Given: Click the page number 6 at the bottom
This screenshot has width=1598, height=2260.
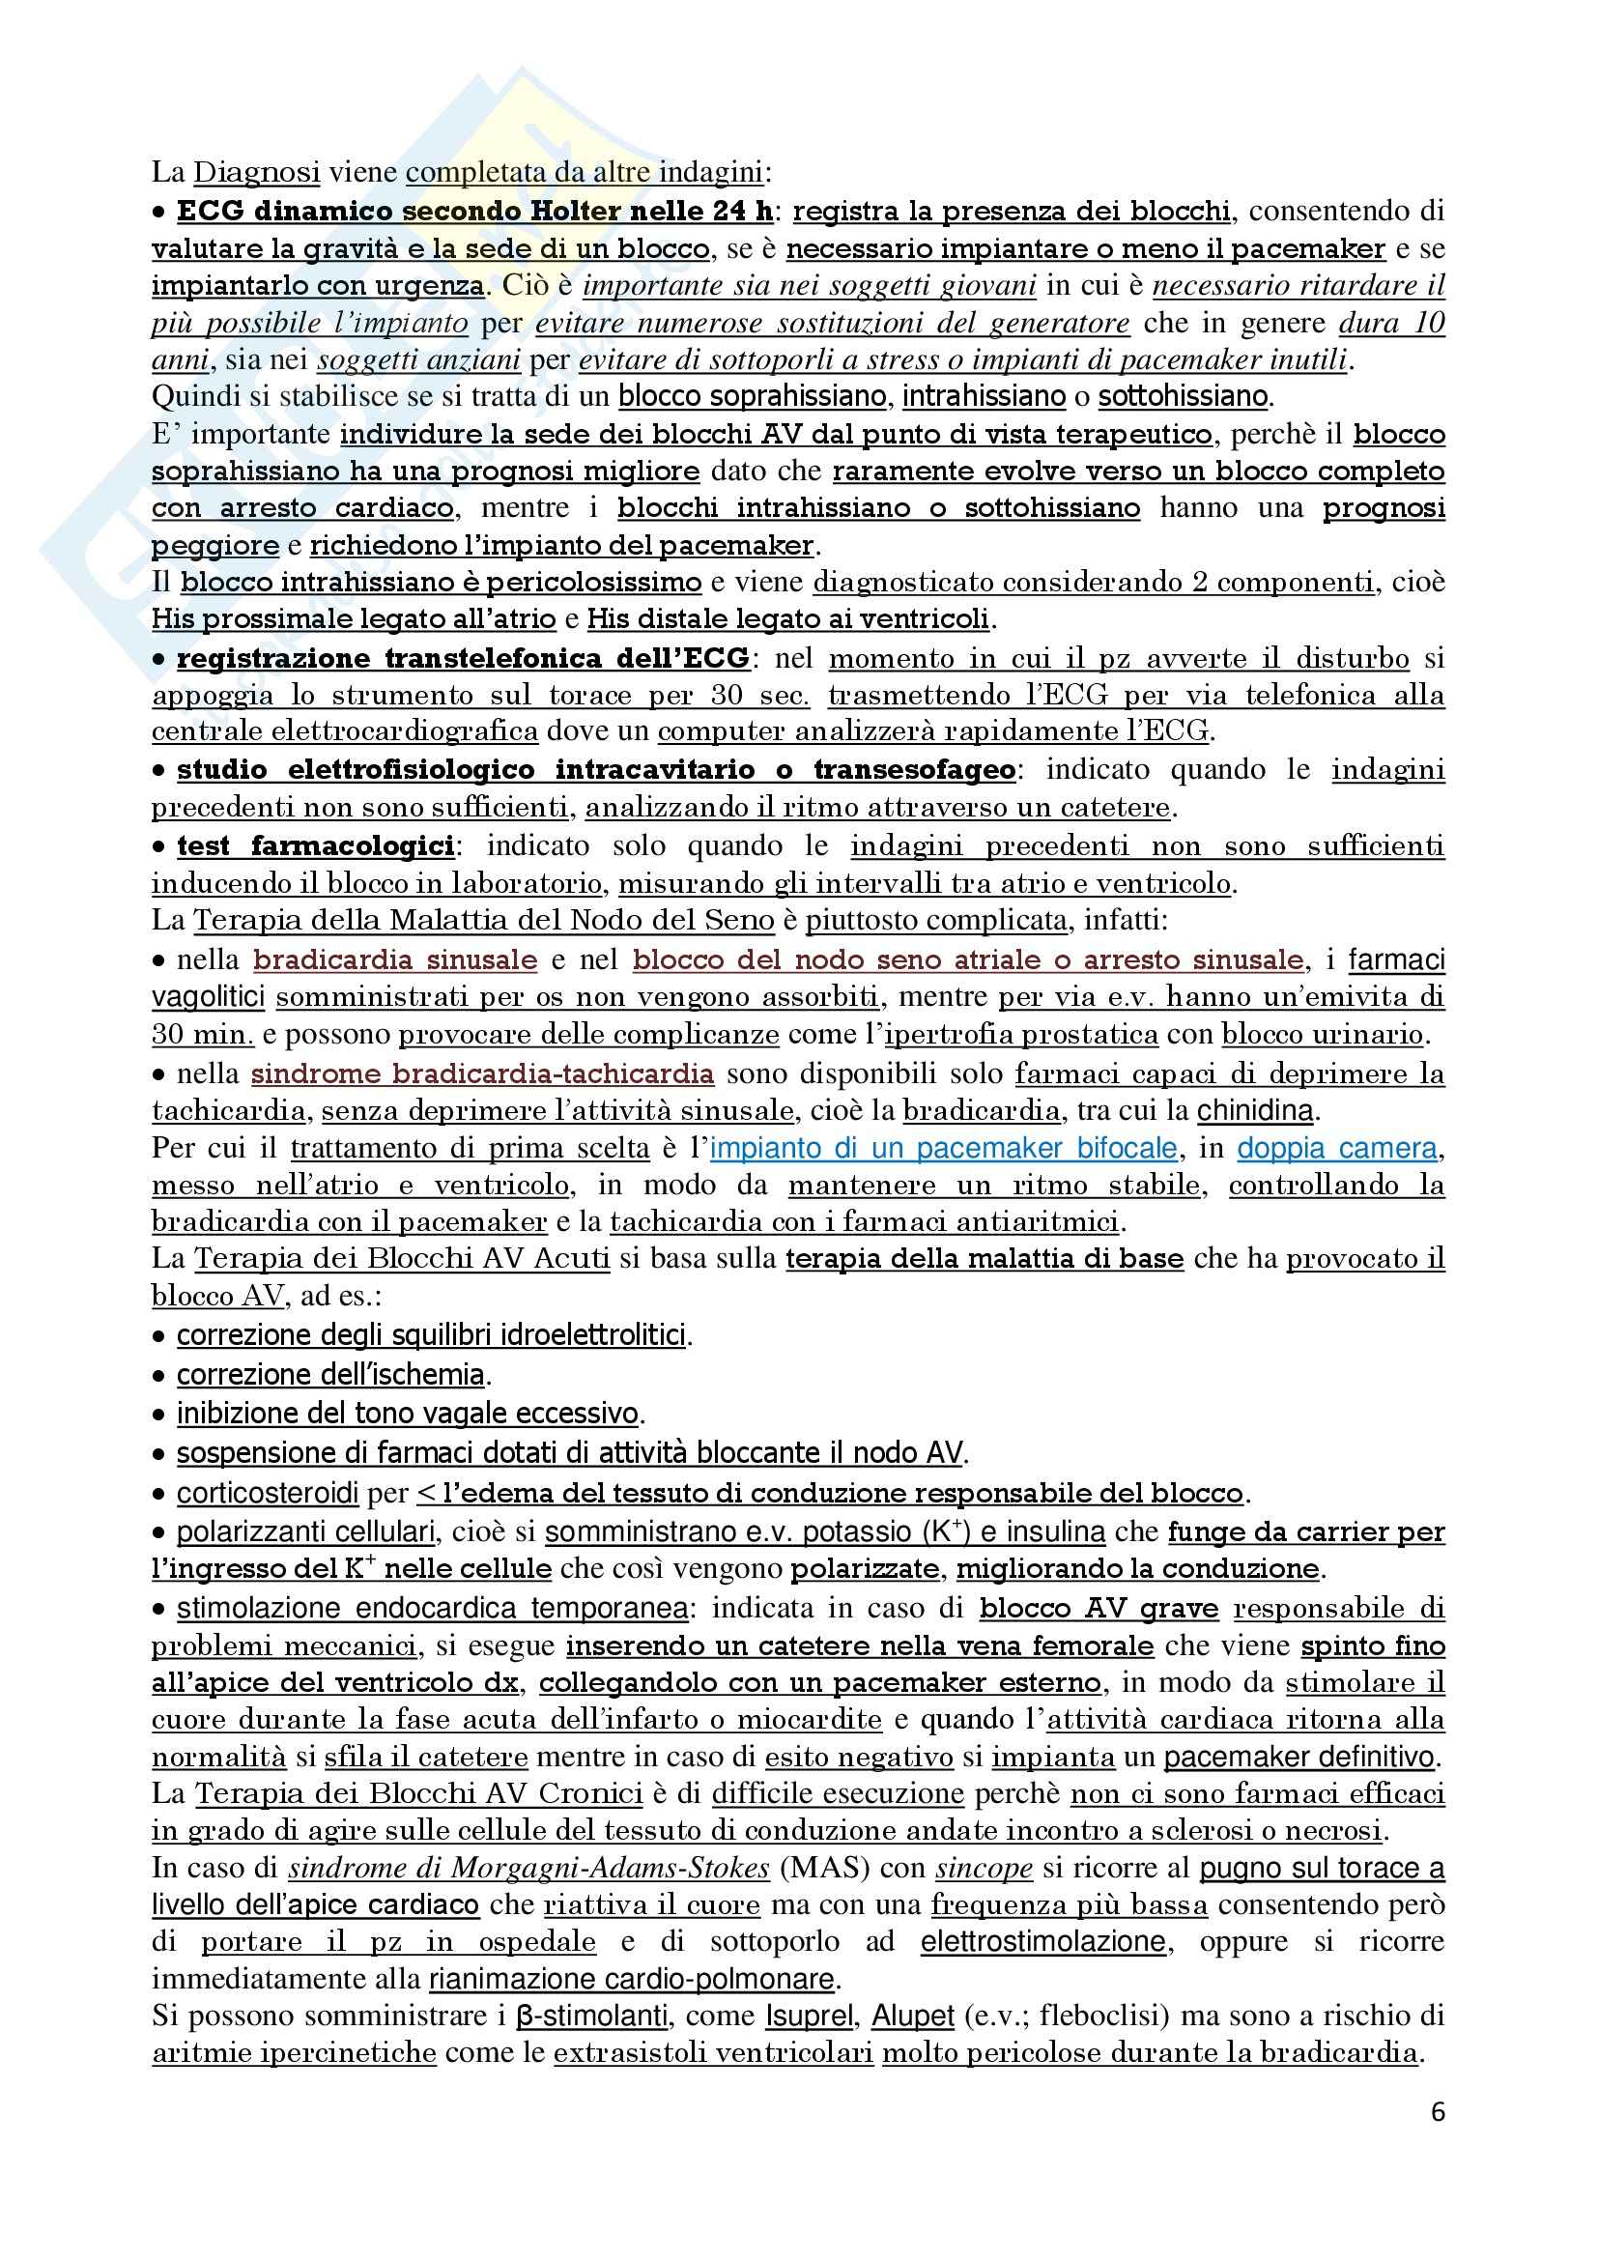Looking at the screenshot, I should pos(1438,2112).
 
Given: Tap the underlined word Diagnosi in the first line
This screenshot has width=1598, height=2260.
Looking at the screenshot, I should pos(257,172).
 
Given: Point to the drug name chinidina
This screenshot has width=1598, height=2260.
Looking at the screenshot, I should pos(1255,1111).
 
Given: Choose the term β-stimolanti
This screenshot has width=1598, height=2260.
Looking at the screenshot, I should pos(591,2016).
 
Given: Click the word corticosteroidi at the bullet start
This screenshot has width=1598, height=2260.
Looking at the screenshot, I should pos(268,1493).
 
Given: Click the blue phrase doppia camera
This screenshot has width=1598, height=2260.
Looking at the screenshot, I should pos(1338,1149).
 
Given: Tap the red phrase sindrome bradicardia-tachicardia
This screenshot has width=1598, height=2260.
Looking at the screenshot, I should pos(482,1073).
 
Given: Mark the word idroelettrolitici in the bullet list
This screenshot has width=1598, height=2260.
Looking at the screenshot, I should pos(593,1335).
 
